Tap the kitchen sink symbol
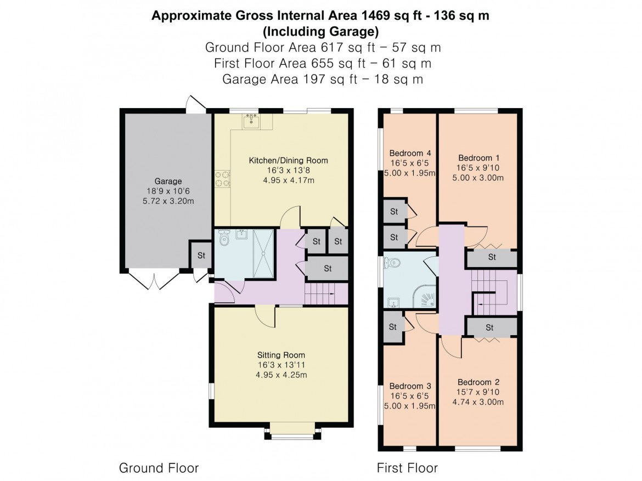(x=251, y=121)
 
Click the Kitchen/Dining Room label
(x=288, y=161)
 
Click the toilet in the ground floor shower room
(x=223, y=239)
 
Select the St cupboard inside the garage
(x=201, y=255)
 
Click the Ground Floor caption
(x=159, y=468)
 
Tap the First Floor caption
(x=407, y=468)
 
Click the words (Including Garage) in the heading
(x=320, y=31)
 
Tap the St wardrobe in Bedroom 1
(x=492, y=257)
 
